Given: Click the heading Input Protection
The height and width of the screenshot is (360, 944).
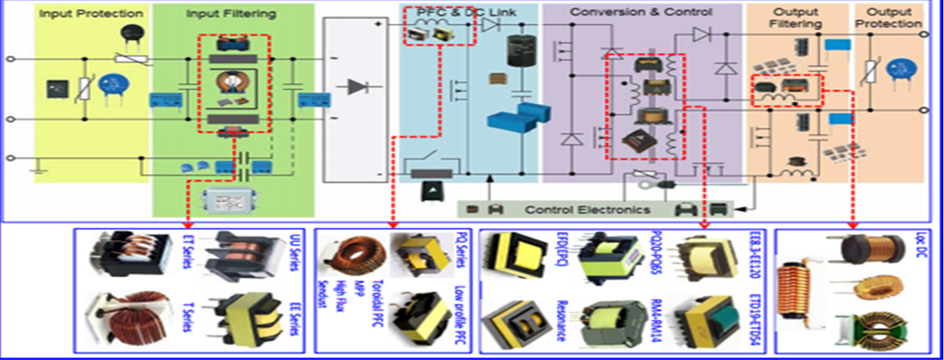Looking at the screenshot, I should pyautogui.click(x=91, y=14).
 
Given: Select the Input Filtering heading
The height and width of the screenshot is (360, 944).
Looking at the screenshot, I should pyautogui.click(x=231, y=14).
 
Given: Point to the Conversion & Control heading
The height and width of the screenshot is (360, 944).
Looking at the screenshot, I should pyautogui.click(x=641, y=13).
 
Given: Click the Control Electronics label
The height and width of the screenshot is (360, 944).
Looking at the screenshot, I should pyautogui.click(x=587, y=210).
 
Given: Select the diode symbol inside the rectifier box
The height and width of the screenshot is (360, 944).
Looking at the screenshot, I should pyautogui.click(x=358, y=87).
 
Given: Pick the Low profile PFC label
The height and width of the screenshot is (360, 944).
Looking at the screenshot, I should pyautogui.click(x=460, y=315).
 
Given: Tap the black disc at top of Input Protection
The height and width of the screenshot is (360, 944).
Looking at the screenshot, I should pyautogui.click(x=129, y=31).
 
